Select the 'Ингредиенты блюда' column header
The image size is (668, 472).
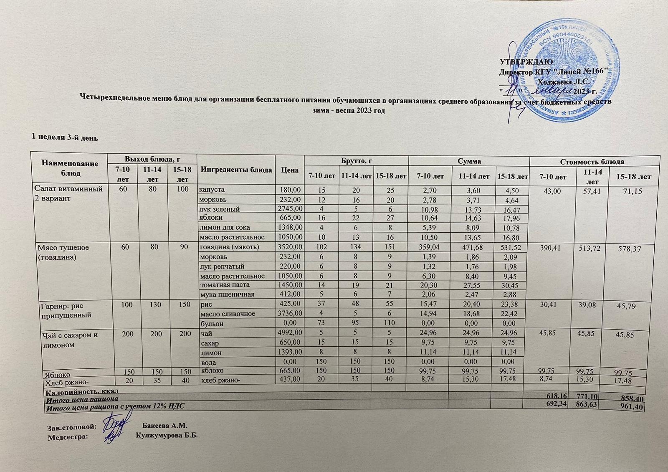[236, 170]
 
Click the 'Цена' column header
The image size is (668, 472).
[290, 170]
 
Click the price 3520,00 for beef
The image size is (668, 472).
[289, 247]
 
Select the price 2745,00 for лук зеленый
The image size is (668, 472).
[289, 208]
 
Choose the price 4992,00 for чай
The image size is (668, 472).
[289, 334]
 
